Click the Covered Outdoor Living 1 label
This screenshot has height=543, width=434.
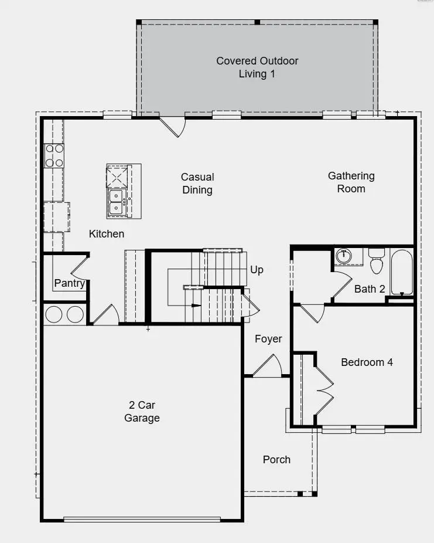click(x=257, y=67)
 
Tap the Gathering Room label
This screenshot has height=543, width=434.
click(x=351, y=182)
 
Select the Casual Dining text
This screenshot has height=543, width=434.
click(x=197, y=184)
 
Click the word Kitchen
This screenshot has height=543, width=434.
click(x=107, y=234)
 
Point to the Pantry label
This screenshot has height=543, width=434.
click(x=70, y=284)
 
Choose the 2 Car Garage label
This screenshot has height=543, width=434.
click(x=142, y=412)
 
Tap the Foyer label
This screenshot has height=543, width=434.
click(x=268, y=339)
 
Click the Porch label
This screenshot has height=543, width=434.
click(x=276, y=459)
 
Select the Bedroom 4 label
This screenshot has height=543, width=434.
click(x=367, y=362)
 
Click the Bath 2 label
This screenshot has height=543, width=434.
click(x=370, y=289)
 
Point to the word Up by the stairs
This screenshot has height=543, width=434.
click(x=257, y=270)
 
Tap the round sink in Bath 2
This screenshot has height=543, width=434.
click(x=344, y=256)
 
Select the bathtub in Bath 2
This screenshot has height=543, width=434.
click(x=401, y=272)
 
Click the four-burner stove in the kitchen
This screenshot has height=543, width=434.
click(x=54, y=155)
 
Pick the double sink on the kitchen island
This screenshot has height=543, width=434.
click(x=116, y=201)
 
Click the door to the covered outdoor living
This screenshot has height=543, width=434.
click(x=173, y=125)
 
